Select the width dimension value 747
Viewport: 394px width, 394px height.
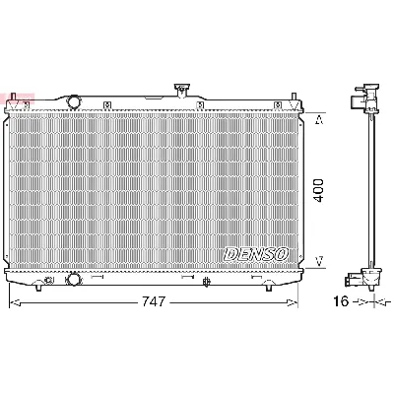pyautogui.click(x=151, y=300)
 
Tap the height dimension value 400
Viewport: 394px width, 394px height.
pyautogui.click(x=318, y=190)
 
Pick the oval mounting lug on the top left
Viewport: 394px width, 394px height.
pyautogui.click(x=72, y=100)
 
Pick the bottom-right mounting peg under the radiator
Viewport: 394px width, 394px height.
pyautogui.click(x=267, y=287)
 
